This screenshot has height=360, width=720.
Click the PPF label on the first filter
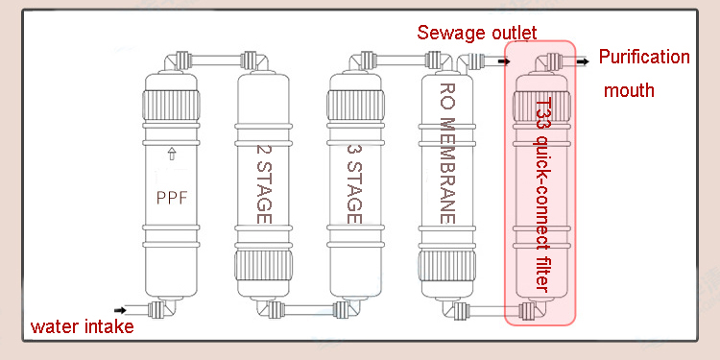click(173, 198)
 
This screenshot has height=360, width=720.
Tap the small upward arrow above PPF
click(172, 154)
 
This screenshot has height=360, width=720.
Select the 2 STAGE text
click(264, 184)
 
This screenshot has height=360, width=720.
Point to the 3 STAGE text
click(355, 184)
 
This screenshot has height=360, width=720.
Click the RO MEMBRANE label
click(447, 154)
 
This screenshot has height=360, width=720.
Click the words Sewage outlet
click(476, 33)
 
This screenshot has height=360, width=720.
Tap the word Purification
click(644, 57)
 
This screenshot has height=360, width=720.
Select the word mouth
click(629, 90)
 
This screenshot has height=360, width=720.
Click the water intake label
click(83, 327)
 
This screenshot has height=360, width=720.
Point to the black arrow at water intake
click(120, 310)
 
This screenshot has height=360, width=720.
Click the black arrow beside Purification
click(583, 61)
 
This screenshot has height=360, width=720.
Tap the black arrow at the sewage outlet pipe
click(505, 61)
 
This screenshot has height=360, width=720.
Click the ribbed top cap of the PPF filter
click(171, 106)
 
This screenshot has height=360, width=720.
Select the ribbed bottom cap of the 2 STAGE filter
click(264, 265)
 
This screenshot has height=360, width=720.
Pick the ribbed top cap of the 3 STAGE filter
click(355, 106)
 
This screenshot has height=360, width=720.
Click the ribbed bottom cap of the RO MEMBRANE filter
click(447, 265)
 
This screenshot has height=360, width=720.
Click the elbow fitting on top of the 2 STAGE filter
click(254, 61)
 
